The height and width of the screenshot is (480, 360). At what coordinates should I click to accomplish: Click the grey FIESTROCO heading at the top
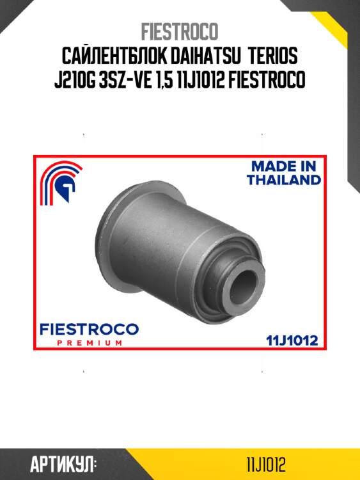180,31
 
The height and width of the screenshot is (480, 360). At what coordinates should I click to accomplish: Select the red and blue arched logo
61,182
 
